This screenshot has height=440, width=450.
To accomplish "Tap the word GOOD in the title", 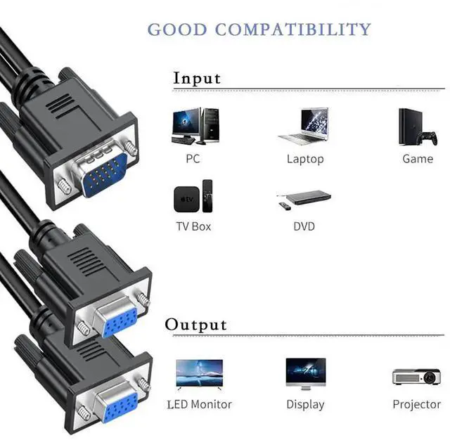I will click(176, 30).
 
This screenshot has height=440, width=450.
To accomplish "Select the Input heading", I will click(197, 77).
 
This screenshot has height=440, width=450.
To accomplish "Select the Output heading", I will click(196, 324).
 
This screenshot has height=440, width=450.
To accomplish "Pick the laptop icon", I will click(304, 127).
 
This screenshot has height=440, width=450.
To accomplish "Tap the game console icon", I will click(417, 127).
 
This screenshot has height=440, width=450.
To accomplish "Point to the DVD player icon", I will click(302, 198).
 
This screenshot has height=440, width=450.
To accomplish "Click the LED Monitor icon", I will click(199, 374).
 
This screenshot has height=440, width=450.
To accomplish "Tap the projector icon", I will click(416, 377).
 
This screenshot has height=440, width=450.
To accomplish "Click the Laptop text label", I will click(305, 159).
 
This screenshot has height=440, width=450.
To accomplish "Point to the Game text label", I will click(418, 159).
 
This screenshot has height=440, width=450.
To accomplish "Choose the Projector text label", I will click(417, 404).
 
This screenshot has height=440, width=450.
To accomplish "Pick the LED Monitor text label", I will click(199, 404).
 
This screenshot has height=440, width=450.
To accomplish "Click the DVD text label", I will click(304, 226).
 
